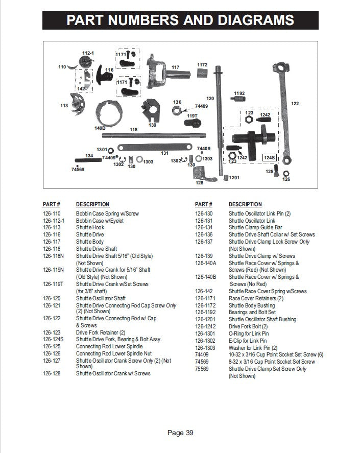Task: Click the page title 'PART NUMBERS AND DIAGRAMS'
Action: click(180, 20)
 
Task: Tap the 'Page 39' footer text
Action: click(180, 433)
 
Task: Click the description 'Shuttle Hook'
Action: click(90, 228)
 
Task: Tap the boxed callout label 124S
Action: click(270, 158)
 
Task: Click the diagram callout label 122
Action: click(295, 104)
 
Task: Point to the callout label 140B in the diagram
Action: click(100, 128)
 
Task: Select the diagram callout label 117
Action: click(175, 67)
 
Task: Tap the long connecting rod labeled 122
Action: click(282, 112)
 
